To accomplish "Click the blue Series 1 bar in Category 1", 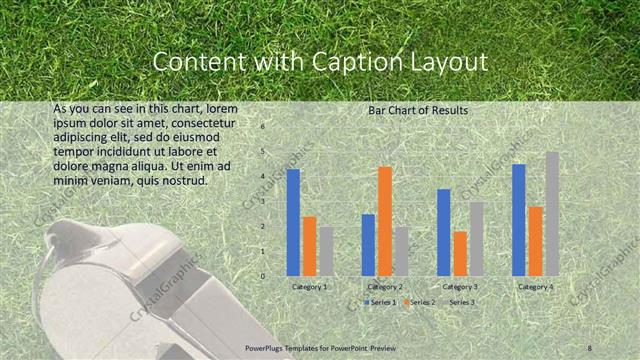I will (x=293, y=222).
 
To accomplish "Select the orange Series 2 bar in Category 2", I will (x=384, y=220).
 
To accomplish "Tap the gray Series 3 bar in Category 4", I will (x=552, y=213).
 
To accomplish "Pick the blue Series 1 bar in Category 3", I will (x=443, y=232).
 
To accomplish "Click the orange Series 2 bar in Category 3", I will (x=459, y=253).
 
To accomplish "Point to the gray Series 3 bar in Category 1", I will (x=326, y=250).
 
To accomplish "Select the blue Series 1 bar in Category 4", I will (x=519, y=219).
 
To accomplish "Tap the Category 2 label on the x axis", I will (x=384, y=287).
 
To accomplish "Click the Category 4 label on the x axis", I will (x=535, y=287).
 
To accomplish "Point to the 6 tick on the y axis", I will (x=262, y=127).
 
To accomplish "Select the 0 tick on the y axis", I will (x=262, y=276).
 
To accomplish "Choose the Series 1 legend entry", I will (x=380, y=301).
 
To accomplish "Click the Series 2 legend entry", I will (x=420, y=301).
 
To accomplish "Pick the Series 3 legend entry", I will (x=461, y=301).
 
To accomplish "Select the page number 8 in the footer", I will (x=590, y=347).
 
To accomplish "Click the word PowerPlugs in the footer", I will (x=270, y=347).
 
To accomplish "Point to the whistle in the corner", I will (x=110, y=290).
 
